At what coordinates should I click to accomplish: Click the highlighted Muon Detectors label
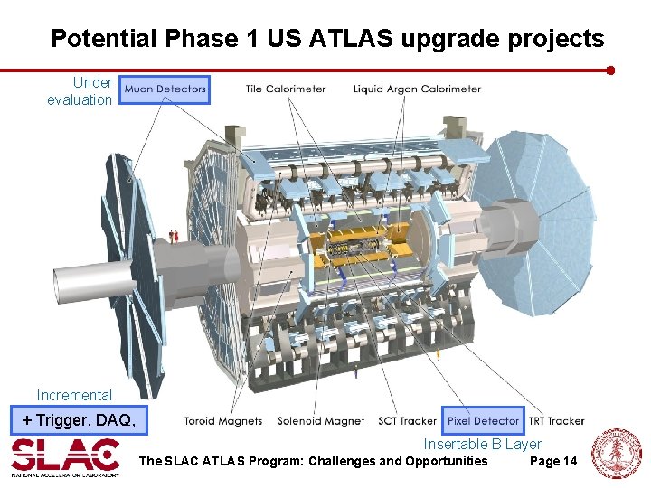(165, 89)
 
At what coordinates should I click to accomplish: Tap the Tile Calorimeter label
(286, 89)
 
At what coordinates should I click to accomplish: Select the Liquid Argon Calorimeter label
(417, 89)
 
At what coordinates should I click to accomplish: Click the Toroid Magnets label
(223, 421)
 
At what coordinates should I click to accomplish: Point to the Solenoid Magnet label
(321, 421)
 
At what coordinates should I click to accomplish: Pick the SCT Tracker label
(406, 421)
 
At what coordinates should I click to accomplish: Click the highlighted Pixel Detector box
(483, 420)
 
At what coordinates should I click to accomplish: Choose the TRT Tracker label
(556, 421)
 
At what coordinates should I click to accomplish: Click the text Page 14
(552, 462)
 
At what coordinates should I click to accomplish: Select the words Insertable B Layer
(482, 444)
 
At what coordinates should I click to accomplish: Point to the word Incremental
(74, 395)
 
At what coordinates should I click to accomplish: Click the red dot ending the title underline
(610, 70)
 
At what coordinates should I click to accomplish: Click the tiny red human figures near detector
(174, 236)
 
